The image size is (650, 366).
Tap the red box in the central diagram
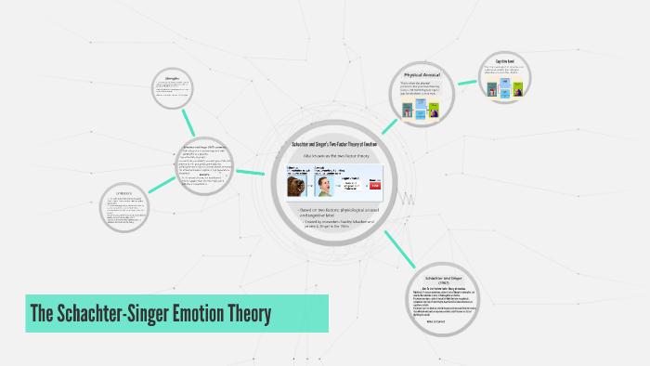pyautogui.click(x=374, y=186)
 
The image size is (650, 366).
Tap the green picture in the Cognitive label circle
pyautogui.click(x=518, y=88)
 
